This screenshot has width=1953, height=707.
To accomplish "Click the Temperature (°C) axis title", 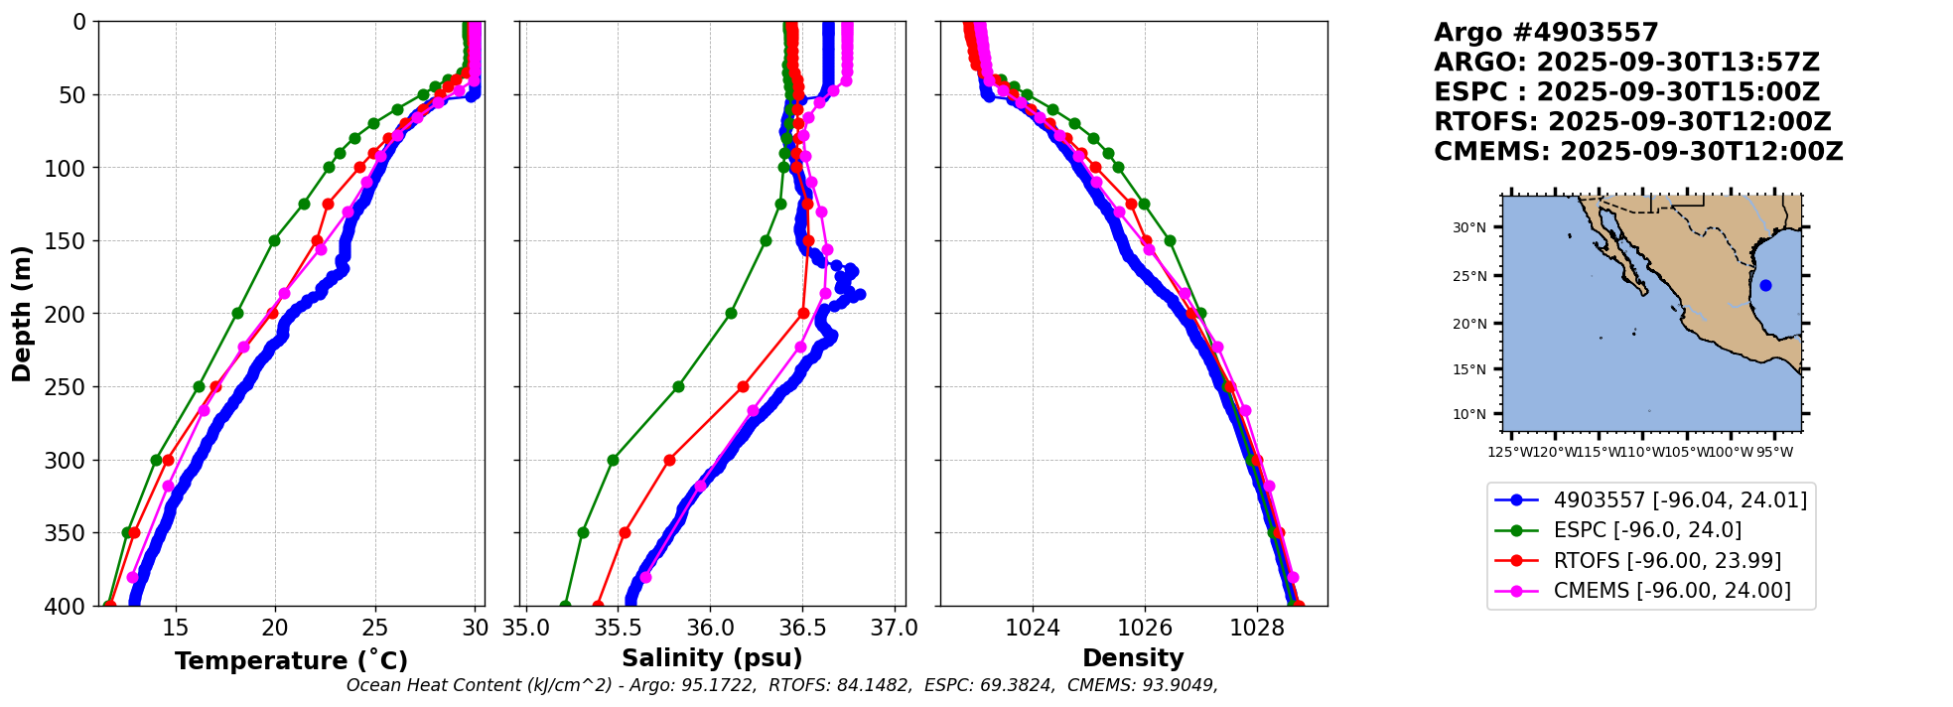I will point(291,661).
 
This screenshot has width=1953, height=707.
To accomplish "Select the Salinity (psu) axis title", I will point(712,658).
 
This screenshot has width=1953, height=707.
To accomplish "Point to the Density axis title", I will point(1133,658).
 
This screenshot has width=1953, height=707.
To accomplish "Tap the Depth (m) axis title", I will point(22,313).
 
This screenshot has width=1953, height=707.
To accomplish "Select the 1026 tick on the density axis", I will point(1145,629).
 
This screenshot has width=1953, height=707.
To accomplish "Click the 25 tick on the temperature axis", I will point(375,629).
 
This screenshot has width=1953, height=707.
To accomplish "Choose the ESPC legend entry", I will point(1647,530).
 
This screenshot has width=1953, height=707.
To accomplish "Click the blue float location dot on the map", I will point(1765,285).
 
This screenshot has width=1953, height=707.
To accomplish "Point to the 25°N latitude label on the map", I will point(1469,277).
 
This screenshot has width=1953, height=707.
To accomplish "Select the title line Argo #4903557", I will point(1546,33).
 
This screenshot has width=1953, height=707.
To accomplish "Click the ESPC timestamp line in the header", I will point(1626,92).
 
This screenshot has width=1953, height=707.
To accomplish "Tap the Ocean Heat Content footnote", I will point(781,685).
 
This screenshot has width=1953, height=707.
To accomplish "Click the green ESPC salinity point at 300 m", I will point(613,460).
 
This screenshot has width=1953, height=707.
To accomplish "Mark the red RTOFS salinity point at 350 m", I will point(625,532).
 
